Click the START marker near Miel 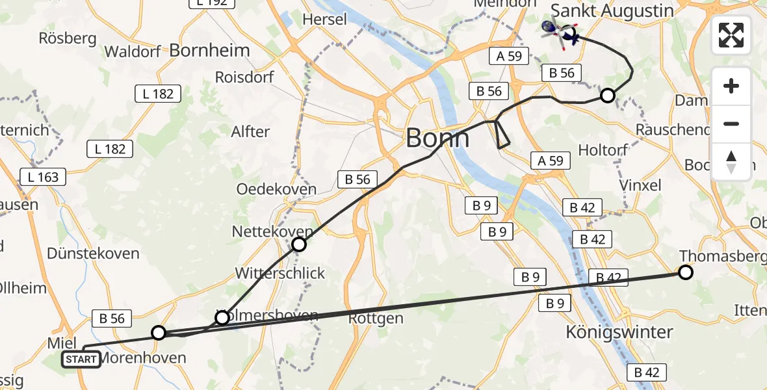[x=81, y=359]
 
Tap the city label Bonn [x=437, y=138]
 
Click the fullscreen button [x=731, y=34]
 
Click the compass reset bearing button [x=731, y=162]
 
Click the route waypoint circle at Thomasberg [x=686, y=272]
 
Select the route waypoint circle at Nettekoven [x=298, y=244]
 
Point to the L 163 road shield [x=44, y=177]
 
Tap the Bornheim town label [x=209, y=50]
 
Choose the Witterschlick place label [x=280, y=273]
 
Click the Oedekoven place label [x=276, y=189]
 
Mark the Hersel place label [x=325, y=19]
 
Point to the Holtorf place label [x=603, y=150]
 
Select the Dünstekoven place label [x=93, y=253]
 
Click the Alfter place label [x=250, y=131]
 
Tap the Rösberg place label [x=68, y=38]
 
